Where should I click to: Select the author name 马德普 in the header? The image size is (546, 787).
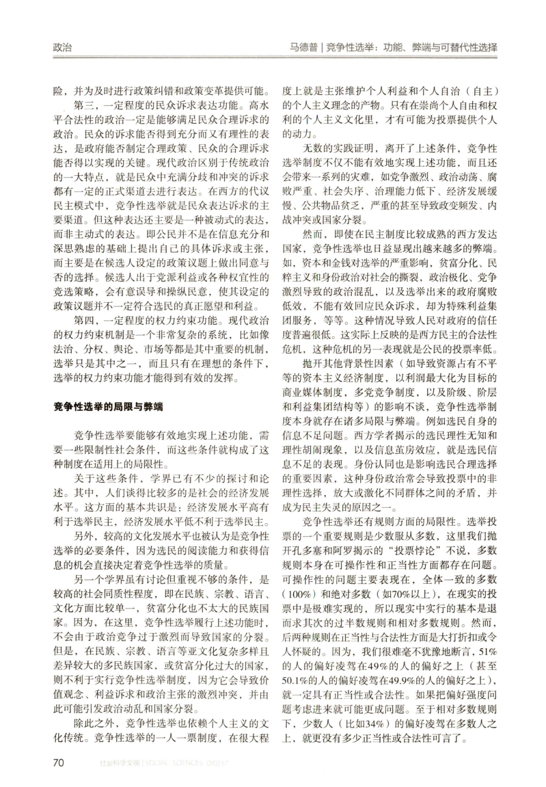[x=303, y=48]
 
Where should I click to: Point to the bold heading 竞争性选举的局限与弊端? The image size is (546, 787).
[x=108, y=407]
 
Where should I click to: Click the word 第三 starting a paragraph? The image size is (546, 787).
[x=84, y=106]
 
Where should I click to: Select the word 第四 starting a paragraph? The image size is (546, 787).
[x=84, y=320]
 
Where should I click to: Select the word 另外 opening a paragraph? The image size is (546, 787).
[x=84, y=537]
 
